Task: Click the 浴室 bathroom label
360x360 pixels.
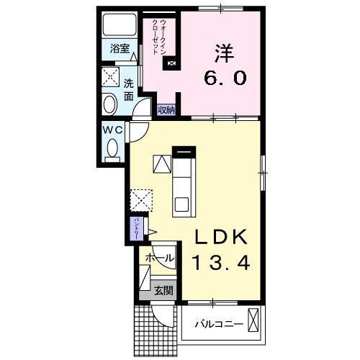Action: tap(120, 49)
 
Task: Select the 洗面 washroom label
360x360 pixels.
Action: tap(128, 88)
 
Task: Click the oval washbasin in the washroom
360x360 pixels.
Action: tap(110, 104)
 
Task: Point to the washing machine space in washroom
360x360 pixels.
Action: tap(110, 77)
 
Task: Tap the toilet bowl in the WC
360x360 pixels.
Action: tap(112, 150)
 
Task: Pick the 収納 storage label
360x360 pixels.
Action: tap(167, 110)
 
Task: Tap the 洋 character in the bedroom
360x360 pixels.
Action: tap(223, 53)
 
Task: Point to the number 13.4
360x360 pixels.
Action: tap(220, 263)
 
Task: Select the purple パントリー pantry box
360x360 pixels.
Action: tap(135, 230)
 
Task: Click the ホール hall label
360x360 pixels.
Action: tap(158, 258)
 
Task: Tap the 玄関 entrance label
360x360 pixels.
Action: tap(163, 291)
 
